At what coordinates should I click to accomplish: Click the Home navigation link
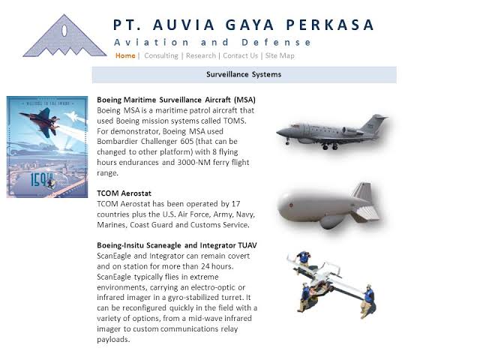[125, 55]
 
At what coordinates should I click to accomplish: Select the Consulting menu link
[160, 55]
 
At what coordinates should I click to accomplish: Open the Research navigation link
[200, 55]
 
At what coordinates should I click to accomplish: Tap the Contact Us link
[240, 55]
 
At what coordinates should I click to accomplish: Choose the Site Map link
[280, 55]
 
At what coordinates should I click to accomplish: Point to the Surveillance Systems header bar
[244, 74]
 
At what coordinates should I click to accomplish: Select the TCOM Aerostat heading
[124, 193]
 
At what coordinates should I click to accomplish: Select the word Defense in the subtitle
[287, 42]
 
